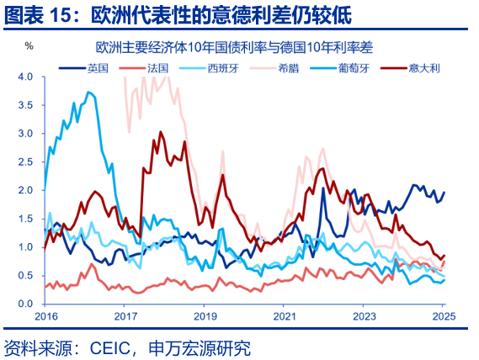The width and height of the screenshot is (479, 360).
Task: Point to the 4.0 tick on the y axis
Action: coord(25,77)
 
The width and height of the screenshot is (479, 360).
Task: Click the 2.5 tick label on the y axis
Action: coord(25,161)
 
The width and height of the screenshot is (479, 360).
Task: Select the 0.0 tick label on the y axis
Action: coord(25,304)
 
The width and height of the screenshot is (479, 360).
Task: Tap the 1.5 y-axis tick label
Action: coord(25,219)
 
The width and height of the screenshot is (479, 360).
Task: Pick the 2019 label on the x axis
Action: coord(205,317)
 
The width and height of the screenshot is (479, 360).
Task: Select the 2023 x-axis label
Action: coord(365,317)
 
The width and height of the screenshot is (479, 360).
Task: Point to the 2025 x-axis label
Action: coord(444,317)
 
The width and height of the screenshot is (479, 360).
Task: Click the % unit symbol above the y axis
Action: coord(28,45)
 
